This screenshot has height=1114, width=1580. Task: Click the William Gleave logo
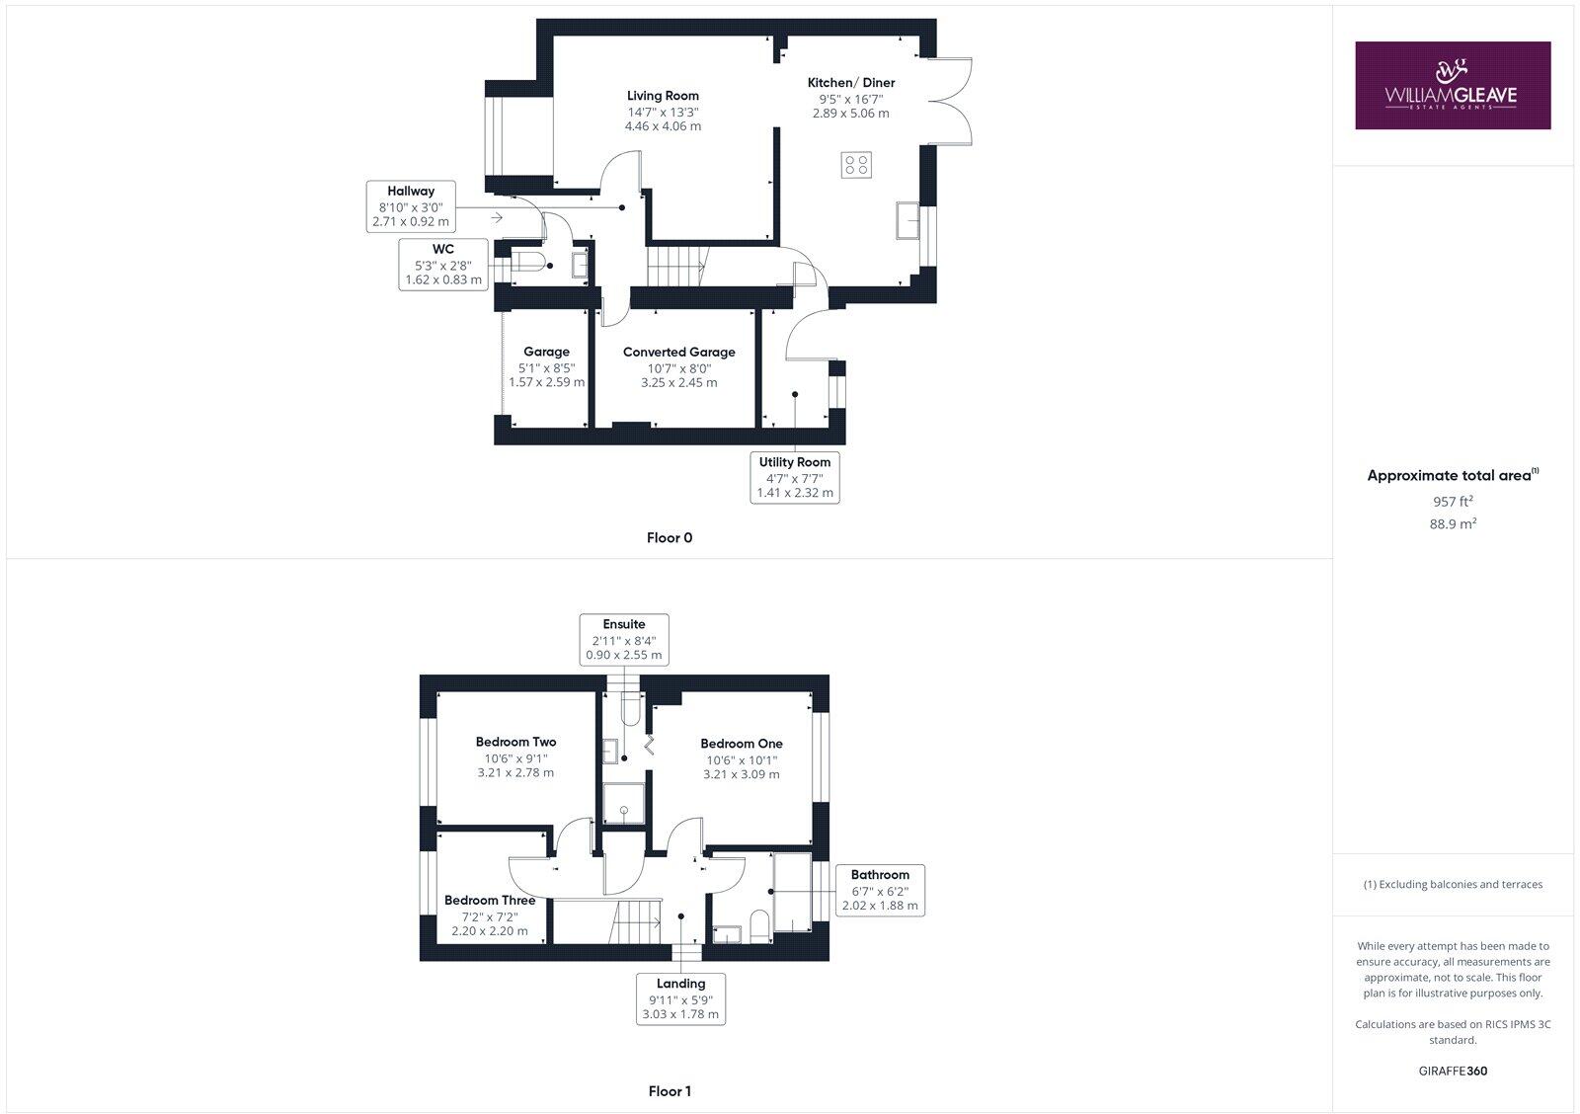[1452, 85]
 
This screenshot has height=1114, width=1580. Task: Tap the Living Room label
[663, 96]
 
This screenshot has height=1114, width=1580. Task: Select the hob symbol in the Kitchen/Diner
[856, 165]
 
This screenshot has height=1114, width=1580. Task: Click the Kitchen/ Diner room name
[850, 83]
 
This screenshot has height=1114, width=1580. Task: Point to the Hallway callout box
[411, 206]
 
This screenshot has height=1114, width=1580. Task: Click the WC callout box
[443, 264]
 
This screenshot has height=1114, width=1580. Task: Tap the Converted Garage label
[678, 352]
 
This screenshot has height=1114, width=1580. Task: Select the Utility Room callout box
[794, 477]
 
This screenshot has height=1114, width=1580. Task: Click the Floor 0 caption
[670, 538]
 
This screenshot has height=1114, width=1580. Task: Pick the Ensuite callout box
[624, 639]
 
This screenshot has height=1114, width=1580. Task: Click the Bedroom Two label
[515, 742]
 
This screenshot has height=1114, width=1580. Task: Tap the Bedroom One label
[741, 744]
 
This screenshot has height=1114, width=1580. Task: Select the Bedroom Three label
[490, 901]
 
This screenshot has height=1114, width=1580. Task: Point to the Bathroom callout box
[880, 890]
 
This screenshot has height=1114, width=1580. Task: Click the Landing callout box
[680, 998]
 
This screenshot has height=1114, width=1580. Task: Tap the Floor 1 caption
[670, 1091]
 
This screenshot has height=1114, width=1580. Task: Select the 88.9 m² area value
[1453, 523]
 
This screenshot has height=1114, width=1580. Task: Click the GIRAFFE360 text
[1453, 1071]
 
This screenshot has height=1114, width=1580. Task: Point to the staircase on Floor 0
[676, 266]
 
